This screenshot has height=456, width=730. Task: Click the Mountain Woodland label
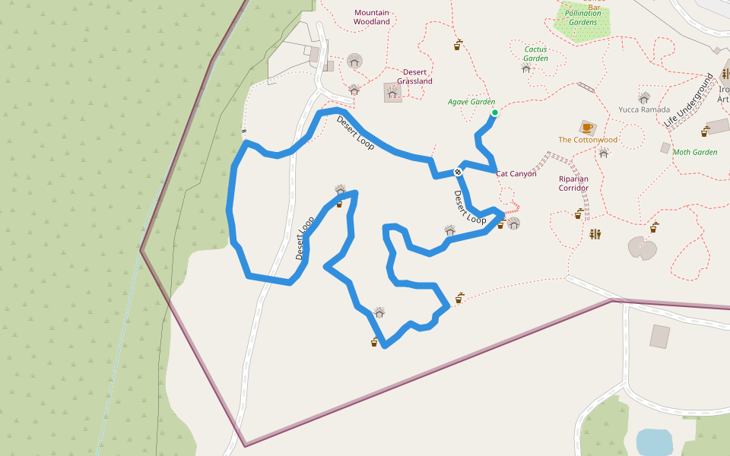372,17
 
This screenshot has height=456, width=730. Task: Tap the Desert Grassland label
414,77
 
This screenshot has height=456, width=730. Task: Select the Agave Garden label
471,102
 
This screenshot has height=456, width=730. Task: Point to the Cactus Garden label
536,53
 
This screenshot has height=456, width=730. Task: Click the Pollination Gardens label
583,17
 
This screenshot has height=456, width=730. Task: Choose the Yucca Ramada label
644,109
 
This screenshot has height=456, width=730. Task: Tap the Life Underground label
688,101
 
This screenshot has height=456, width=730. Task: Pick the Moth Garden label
695,152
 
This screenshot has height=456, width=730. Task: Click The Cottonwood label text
588,140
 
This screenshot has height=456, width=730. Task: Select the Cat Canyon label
516,174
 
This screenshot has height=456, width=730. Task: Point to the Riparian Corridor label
574,183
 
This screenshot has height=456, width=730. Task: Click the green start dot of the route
494,112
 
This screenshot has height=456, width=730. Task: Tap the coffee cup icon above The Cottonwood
587,127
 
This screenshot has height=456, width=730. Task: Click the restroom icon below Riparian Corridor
595,233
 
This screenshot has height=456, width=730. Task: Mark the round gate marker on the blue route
458,172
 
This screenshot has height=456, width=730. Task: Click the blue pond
654,442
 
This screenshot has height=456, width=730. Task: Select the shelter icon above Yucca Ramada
644,97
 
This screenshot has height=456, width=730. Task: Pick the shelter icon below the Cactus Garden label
526,68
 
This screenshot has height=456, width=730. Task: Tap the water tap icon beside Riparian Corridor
579,214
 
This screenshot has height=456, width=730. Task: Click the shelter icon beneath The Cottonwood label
603,153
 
